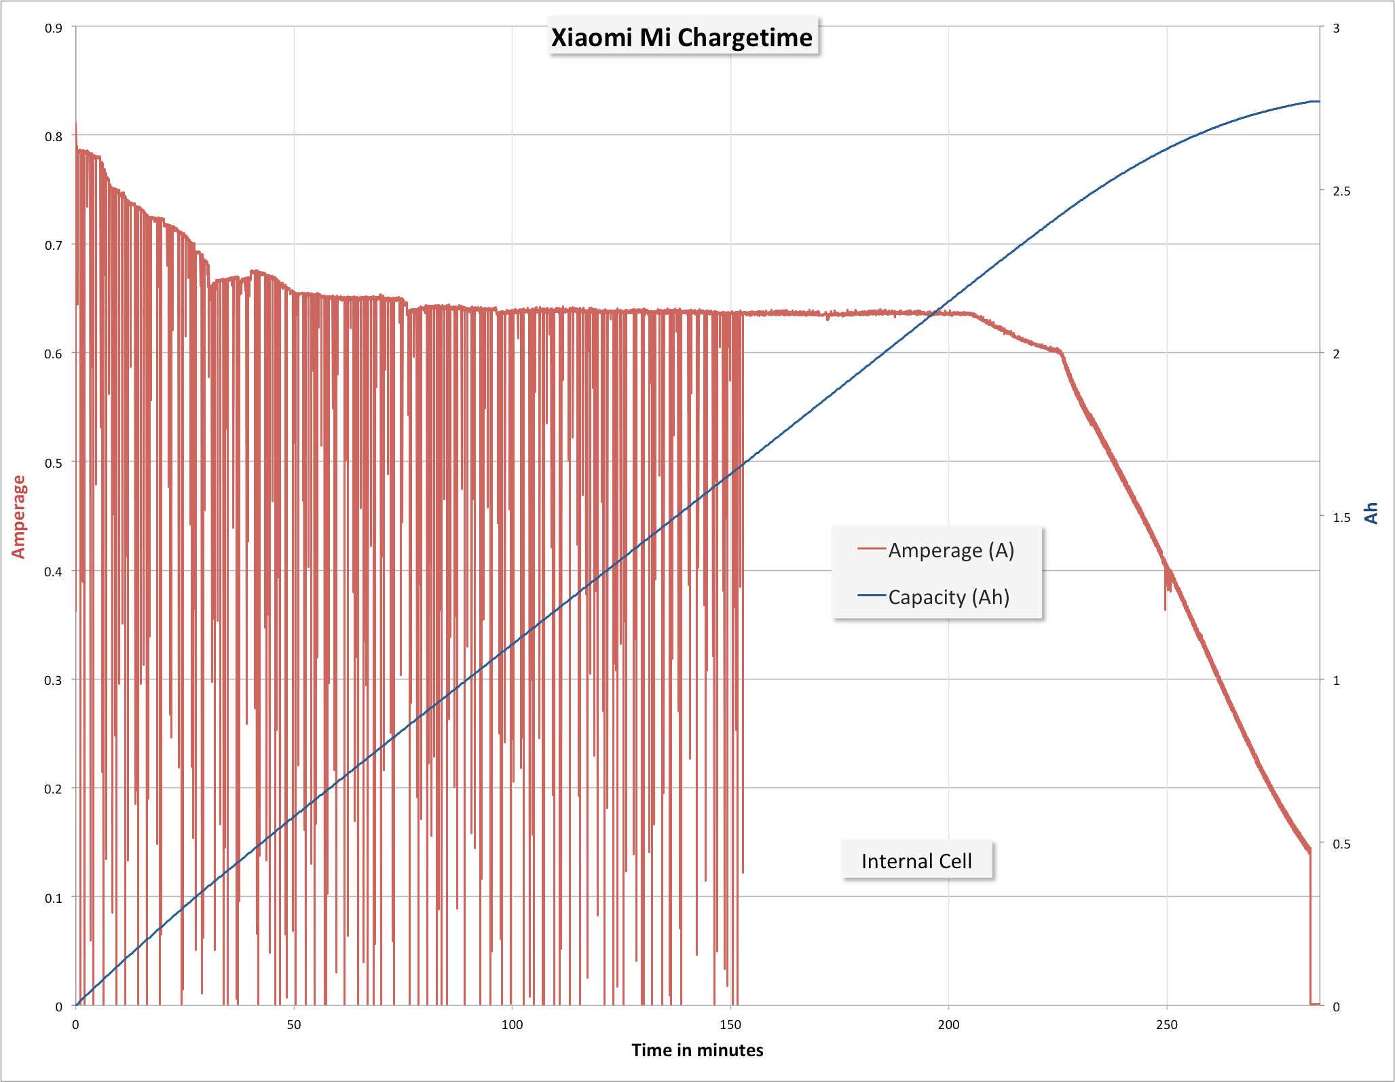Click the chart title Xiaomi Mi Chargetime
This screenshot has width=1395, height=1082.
(x=682, y=37)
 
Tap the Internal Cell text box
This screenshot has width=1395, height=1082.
(x=916, y=861)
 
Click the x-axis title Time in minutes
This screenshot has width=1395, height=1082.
(x=697, y=1050)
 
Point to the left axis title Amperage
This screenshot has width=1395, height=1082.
(x=18, y=517)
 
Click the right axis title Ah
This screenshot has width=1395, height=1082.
(x=1371, y=513)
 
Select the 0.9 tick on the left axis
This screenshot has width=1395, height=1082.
(x=54, y=28)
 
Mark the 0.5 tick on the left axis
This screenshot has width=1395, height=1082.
(x=54, y=462)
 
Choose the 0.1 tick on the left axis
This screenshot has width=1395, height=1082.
(x=54, y=897)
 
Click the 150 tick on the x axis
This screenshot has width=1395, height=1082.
(x=730, y=1024)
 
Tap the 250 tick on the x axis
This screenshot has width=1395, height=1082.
(x=1166, y=1024)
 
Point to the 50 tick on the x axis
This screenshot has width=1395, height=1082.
(x=294, y=1024)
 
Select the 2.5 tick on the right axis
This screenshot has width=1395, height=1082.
(x=1341, y=191)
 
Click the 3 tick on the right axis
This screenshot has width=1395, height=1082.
(x=1336, y=28)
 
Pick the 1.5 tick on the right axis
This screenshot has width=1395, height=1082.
(x=1341, y=517)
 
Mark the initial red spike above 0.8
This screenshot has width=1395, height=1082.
(x=76, y=126)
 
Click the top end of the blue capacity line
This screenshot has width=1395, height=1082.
(x=1317, y=101)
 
